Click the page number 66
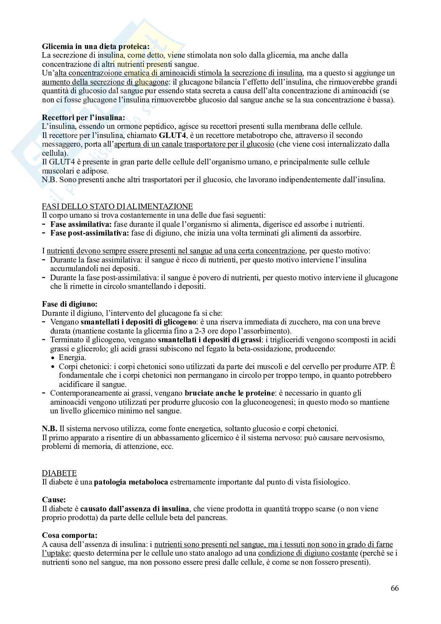pos(394,588)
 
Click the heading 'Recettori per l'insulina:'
pos(83,118)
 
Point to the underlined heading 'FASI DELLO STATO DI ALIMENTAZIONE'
pos(117,206)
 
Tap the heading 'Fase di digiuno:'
pos(70,304)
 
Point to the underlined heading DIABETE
pos(59,473)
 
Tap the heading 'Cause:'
pos(54,500)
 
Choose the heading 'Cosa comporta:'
pos(70,535)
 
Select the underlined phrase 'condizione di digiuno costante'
pos(308,553)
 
